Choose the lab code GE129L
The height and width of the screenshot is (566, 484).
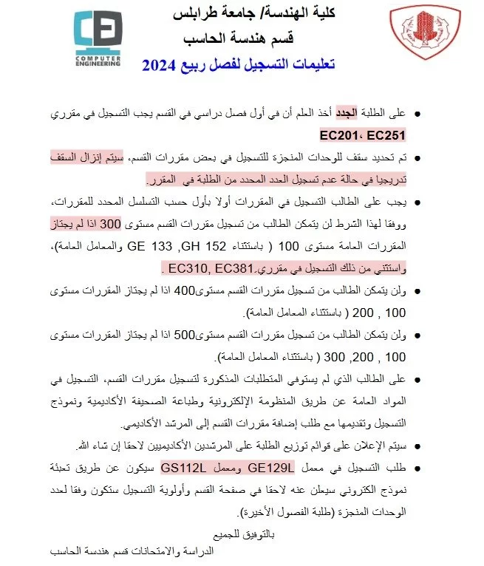pyautogui.click(x=272, y=468)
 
